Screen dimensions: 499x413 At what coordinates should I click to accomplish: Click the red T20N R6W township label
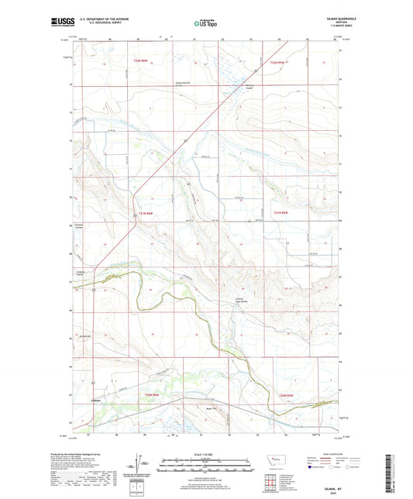point(152,395)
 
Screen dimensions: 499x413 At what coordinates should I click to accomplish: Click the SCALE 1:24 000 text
point(205,453)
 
